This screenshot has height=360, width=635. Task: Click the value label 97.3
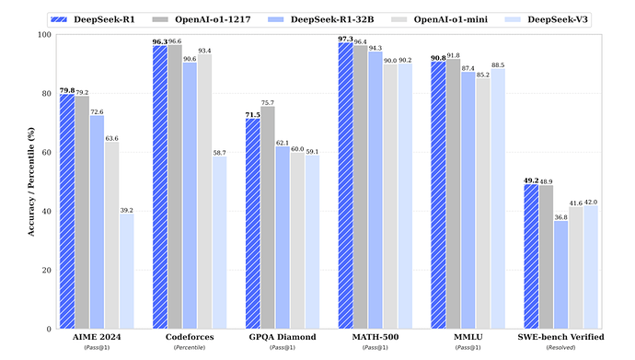coord(345,39)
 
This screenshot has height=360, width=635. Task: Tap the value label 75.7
coord(268,102)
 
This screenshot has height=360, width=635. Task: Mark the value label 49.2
coord(530,180)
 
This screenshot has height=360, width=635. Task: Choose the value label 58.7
coord(219,152)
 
